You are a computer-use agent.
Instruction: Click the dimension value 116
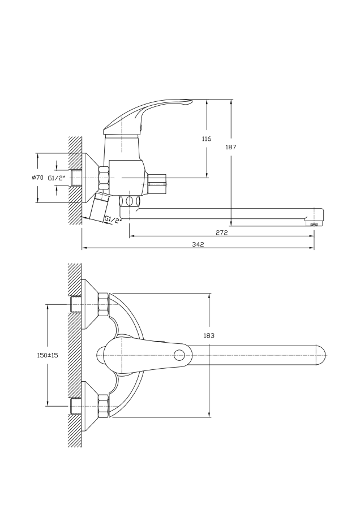pyautogui.click(x=206, y=139)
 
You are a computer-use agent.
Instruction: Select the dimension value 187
pyautogui.click(x=230, y=147)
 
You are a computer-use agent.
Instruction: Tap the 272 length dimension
pyautogui.click(x=221, y=232)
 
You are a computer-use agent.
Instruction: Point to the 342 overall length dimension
pyautogui.click(x=198, y=244)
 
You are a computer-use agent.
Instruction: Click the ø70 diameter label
pyautogui.click(x=37, y=178)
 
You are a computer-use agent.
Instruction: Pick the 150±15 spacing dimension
pyautogui.click(x=41, y=355)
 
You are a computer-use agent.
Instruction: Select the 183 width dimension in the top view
pyautogui.click(x=209, y=335)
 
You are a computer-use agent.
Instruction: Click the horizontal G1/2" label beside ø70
pyautogui.click(x=57, y=178)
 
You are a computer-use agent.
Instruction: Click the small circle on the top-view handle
pyautogui.click(x=179, y=355)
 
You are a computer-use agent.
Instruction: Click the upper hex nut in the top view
pyautogui.click(x=103, y=305)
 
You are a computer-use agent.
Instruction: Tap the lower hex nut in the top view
pyautogui.click(x=103, y=406)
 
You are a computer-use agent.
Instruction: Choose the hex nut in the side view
pyautogui.click(x=104, y=178)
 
